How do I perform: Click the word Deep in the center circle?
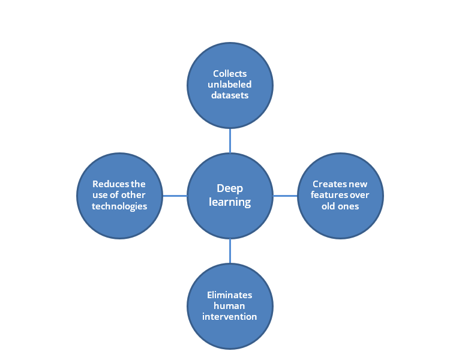pyautogui.click(x=230, y=189)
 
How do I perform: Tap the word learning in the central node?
pyautogui.click(x=230, y=202)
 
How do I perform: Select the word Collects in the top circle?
pyautogui.click(x=230, y=73)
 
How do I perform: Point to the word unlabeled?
pyautogui.click(x=230, y=84)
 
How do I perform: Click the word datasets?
pyautogui.click(x=230, y=95)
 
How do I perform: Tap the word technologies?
pyautogui.click(x=119, y=206)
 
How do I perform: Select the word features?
pyautogui.click(x=325, y=195)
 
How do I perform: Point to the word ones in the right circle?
pyautogui.click(x=349, y=206)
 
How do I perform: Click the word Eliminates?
pyautogui.click(x=230, y=295)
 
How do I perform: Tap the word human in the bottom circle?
pyautogui.click(x=229, y=306)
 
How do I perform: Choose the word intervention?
pyautogui.click(x=230, y=317)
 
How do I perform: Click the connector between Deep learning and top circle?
pyautogui.click(x=230, y=141)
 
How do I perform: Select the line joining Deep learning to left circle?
pyautogui.click(x=175, y=196)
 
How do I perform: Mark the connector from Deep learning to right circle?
pyautogui.click(x=285, y=196)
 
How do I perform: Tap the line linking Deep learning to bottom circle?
pyautogui.click(x=230, y=251)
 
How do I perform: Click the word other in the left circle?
pyautogui.click(x=133, y=195)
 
